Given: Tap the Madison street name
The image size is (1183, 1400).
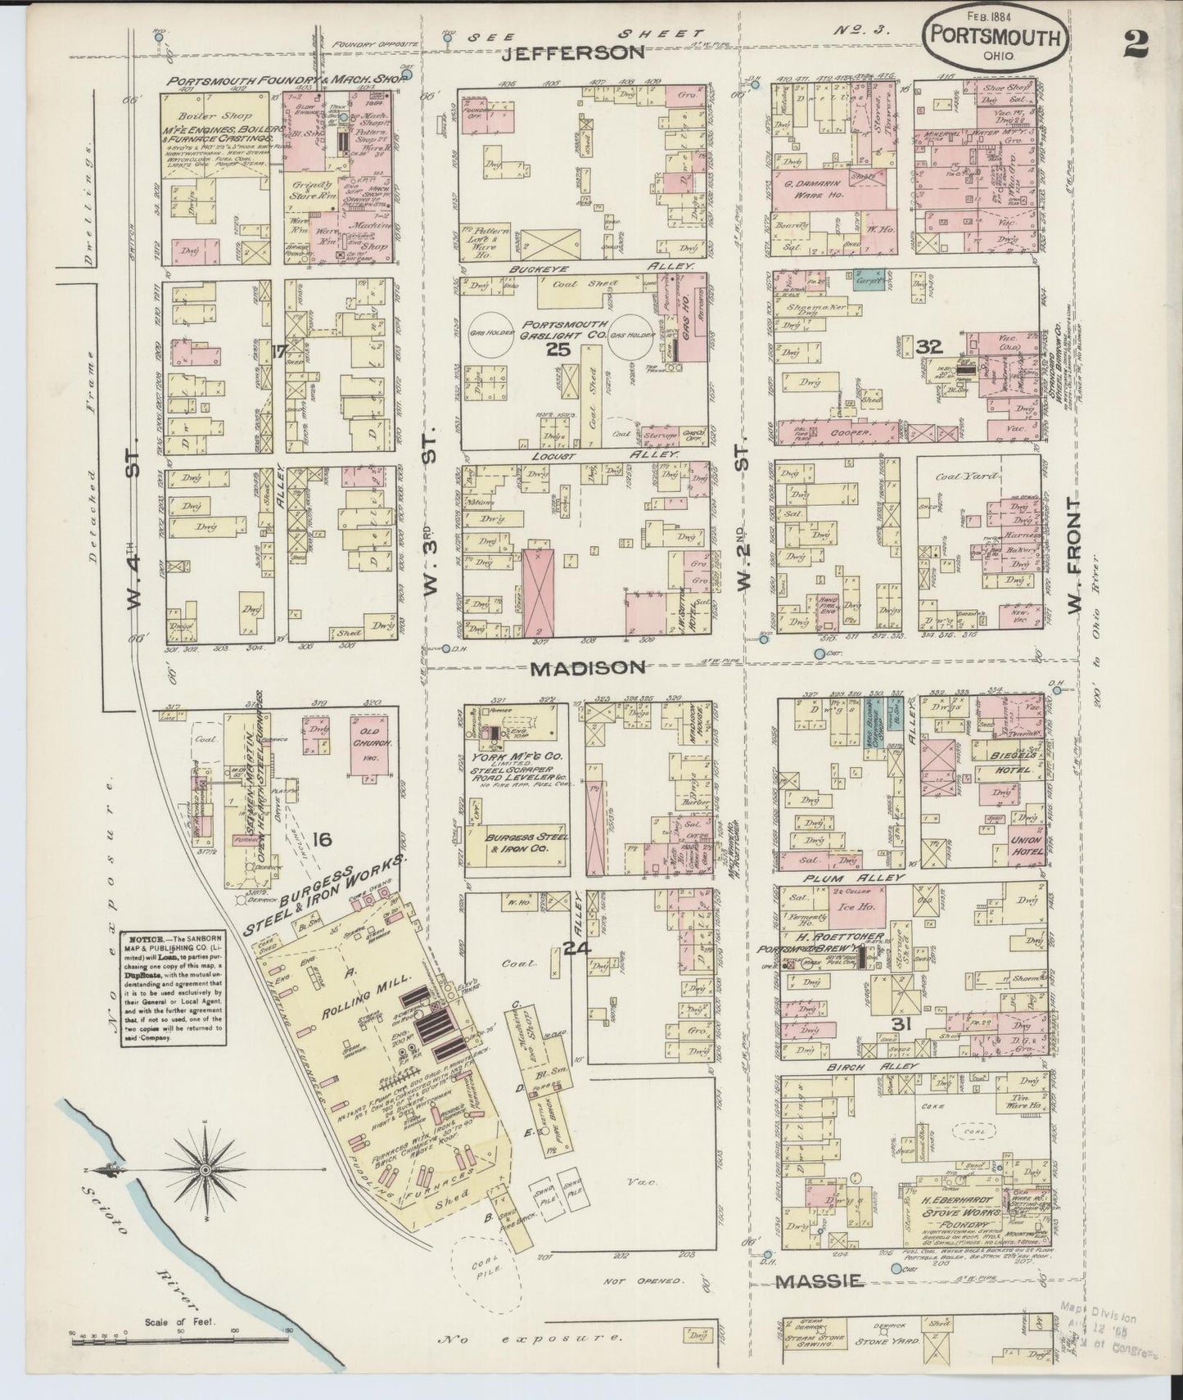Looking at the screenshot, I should [x=587, y=667].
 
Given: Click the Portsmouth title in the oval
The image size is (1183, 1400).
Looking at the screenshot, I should [x=995, y=38].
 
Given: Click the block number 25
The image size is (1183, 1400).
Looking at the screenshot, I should [x=558, y=350].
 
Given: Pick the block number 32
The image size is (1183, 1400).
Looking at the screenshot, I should [x=929, y=345].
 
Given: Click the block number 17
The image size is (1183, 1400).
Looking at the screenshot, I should [x=278, y=352].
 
